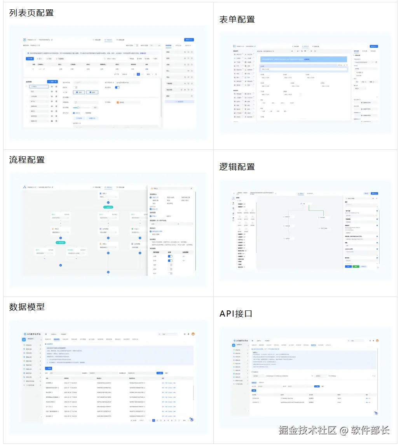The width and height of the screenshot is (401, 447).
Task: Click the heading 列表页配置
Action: pyautogui.click(x=31, y=13)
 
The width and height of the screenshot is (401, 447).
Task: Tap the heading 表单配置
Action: pyautogui.click(x=237, y=19)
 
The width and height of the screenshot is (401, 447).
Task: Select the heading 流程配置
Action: pyautogui.click(x=27, y=160)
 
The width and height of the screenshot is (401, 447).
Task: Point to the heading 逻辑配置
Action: pyautogui.click(x=237, y=167)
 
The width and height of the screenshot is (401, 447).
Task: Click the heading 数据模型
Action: pyautogui.click(x=27, y=307)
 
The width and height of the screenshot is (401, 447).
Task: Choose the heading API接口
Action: pyautogui.click(x=236, y=314)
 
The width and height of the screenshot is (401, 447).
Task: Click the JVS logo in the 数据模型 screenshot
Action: pyautogui.click(x=26, y=334)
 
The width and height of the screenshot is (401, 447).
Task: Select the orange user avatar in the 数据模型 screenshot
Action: pyautogui.click(x=193, y=334)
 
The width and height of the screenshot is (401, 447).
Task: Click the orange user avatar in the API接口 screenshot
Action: pyautogui.click(x=377, y=341)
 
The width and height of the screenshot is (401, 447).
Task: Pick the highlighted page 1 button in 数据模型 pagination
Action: pyautogui.click(x=153, y=420)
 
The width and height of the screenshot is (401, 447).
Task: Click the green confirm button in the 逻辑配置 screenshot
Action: pyautogui.click(x=356, y=267)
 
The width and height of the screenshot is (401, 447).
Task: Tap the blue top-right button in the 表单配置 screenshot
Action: pyautogui.click(x=374, y=47)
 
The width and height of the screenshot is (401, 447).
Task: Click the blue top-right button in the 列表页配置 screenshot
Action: pyautogui.click(x=189, y=40)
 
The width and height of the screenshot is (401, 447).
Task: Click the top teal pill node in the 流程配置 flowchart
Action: pyautogui.click(x=108, y=207)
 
